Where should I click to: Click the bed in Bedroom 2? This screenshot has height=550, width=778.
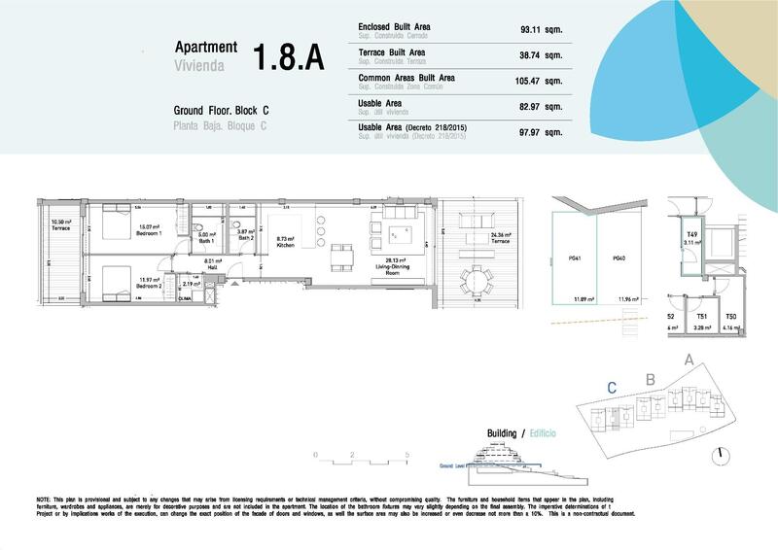point(108,279)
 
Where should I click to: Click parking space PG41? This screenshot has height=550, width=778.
point(577,258)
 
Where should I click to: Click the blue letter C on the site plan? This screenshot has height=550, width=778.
point(611,386)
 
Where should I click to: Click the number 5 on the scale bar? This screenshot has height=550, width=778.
point(407,454)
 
